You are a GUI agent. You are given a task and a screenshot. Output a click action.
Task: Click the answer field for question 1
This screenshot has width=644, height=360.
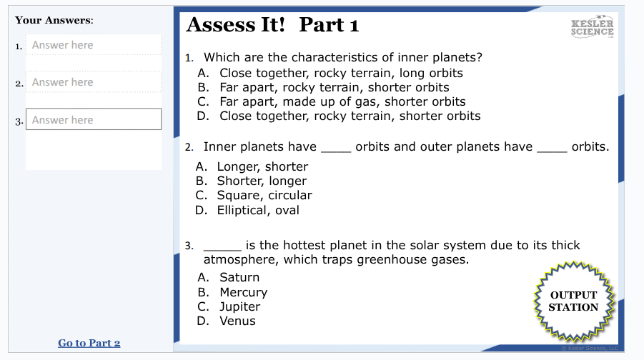coord(93,45)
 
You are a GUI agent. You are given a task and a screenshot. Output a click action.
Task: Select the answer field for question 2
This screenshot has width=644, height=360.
coord(93,82)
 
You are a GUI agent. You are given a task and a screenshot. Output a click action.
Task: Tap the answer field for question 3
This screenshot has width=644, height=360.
coord(93,119)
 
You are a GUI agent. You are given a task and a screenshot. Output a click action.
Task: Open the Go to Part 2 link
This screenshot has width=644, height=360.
coord(89,343)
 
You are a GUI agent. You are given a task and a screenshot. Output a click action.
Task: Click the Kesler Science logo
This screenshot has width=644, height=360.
coord(593,27)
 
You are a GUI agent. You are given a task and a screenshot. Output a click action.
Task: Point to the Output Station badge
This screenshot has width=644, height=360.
coord(573,301)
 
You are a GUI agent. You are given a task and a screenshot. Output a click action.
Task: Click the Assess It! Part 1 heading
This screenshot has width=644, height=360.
coord(272,25)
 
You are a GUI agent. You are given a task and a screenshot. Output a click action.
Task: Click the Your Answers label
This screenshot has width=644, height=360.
coord(54,20)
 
